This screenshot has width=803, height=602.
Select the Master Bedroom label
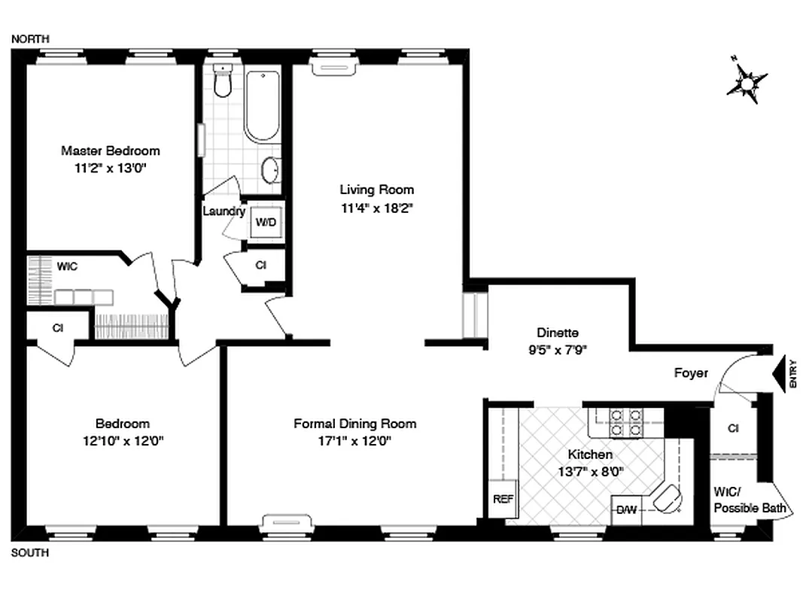click(111, 150)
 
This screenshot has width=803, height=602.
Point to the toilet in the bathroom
click(221, 82)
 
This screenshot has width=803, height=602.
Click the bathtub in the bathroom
click(261, 106)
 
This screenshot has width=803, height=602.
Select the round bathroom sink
click(271, 170)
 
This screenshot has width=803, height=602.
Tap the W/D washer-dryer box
click(265, 222)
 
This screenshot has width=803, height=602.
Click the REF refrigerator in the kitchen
click(503, 498)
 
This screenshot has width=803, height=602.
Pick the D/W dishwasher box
click(626, 510)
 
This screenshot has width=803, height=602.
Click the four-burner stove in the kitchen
click(625, 423)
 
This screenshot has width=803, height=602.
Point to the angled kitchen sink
click(667, 497)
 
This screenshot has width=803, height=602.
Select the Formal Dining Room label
click(354, 424)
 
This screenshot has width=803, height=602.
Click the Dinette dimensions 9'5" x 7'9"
click(557, 349)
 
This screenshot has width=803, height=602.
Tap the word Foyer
click(691, 372)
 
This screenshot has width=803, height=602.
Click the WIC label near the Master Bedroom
click(68, 266)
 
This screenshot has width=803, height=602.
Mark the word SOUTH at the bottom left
click(30, 553)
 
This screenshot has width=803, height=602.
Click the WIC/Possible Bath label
click(750, 500)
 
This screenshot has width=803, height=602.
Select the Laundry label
click(224, 211)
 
